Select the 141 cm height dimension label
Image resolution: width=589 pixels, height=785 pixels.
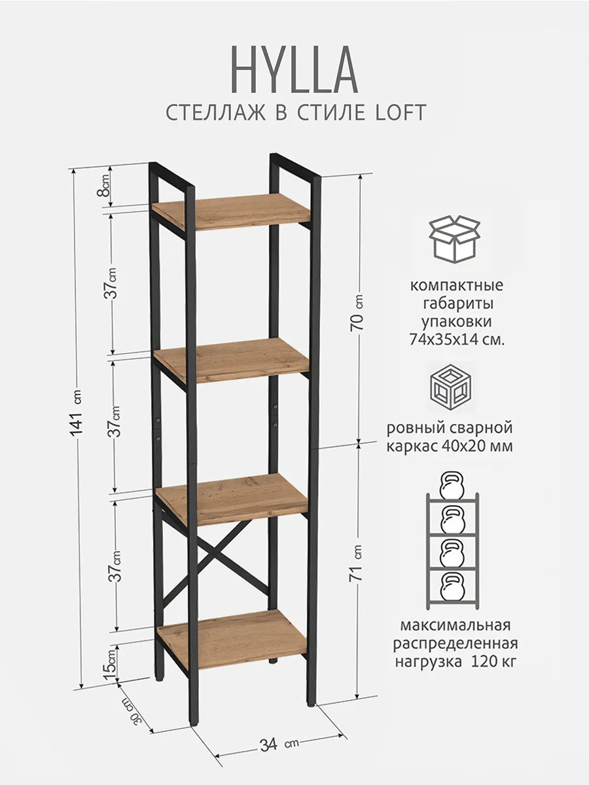(x=77, y=425)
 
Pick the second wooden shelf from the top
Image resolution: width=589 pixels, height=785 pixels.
(x=232, y=360)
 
